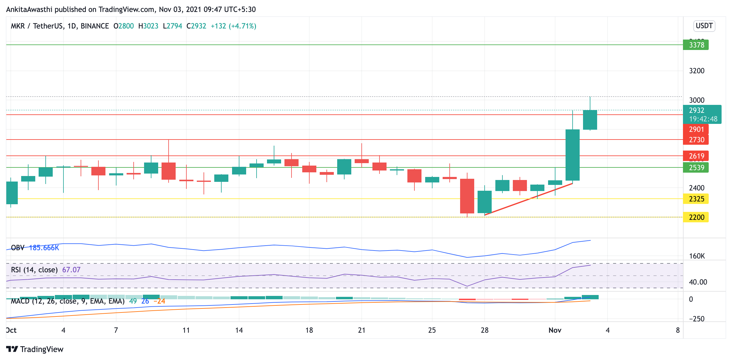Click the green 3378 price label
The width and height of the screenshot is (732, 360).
696,45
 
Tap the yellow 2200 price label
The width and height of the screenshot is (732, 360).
696,217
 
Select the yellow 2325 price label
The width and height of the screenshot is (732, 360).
696,199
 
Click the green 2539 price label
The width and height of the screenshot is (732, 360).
696,167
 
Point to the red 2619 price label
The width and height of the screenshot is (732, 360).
696,156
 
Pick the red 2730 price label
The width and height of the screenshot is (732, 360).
696,140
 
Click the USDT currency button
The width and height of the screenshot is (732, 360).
704,26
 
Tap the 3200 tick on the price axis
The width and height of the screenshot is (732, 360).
697,71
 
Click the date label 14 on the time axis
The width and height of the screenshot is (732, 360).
239,330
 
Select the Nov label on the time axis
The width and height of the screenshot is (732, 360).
555,330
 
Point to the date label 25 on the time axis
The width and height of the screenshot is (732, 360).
432,330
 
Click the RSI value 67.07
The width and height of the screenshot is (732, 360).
71,270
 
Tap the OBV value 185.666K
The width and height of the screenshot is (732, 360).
44,248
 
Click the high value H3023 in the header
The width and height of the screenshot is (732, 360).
148,26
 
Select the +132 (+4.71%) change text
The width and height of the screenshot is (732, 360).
234,26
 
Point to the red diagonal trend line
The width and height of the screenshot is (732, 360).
528,199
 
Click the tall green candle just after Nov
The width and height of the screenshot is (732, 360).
573,155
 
